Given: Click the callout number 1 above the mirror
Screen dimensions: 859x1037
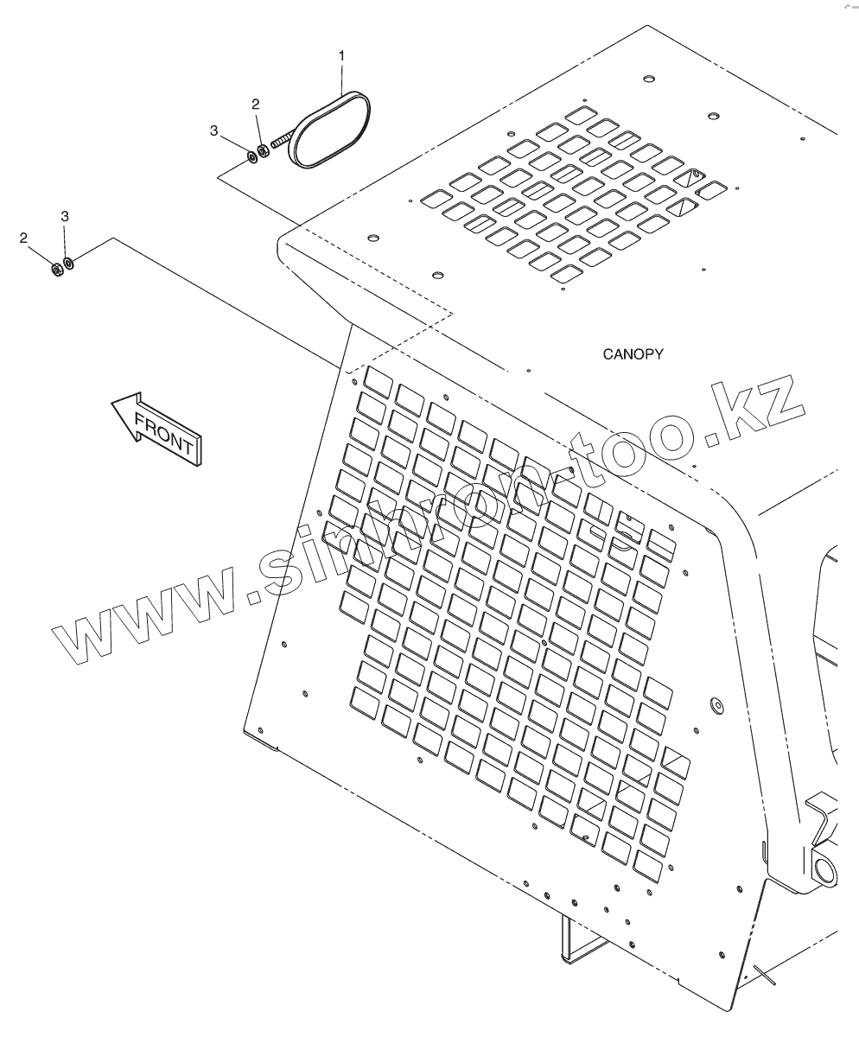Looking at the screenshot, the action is [341, 56].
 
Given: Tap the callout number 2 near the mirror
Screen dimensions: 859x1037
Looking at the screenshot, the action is [255, 105].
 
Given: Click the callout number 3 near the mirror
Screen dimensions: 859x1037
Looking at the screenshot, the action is [213, 131].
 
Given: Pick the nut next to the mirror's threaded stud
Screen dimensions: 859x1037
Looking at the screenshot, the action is [264, 150].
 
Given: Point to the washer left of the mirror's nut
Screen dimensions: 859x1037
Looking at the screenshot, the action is [251, 157].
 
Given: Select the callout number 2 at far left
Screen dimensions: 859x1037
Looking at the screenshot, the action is [23, 239].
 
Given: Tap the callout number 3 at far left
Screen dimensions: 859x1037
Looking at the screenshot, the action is [65, 217].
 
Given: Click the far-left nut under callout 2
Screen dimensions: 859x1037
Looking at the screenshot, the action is [57, 270].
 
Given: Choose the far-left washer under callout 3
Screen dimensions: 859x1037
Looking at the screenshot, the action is [69, 262].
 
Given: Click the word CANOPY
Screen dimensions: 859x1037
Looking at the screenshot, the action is [633, 354].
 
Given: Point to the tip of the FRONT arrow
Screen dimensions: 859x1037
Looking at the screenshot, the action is [111, 402].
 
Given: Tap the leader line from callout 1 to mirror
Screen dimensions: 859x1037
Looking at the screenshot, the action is [342, 79].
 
